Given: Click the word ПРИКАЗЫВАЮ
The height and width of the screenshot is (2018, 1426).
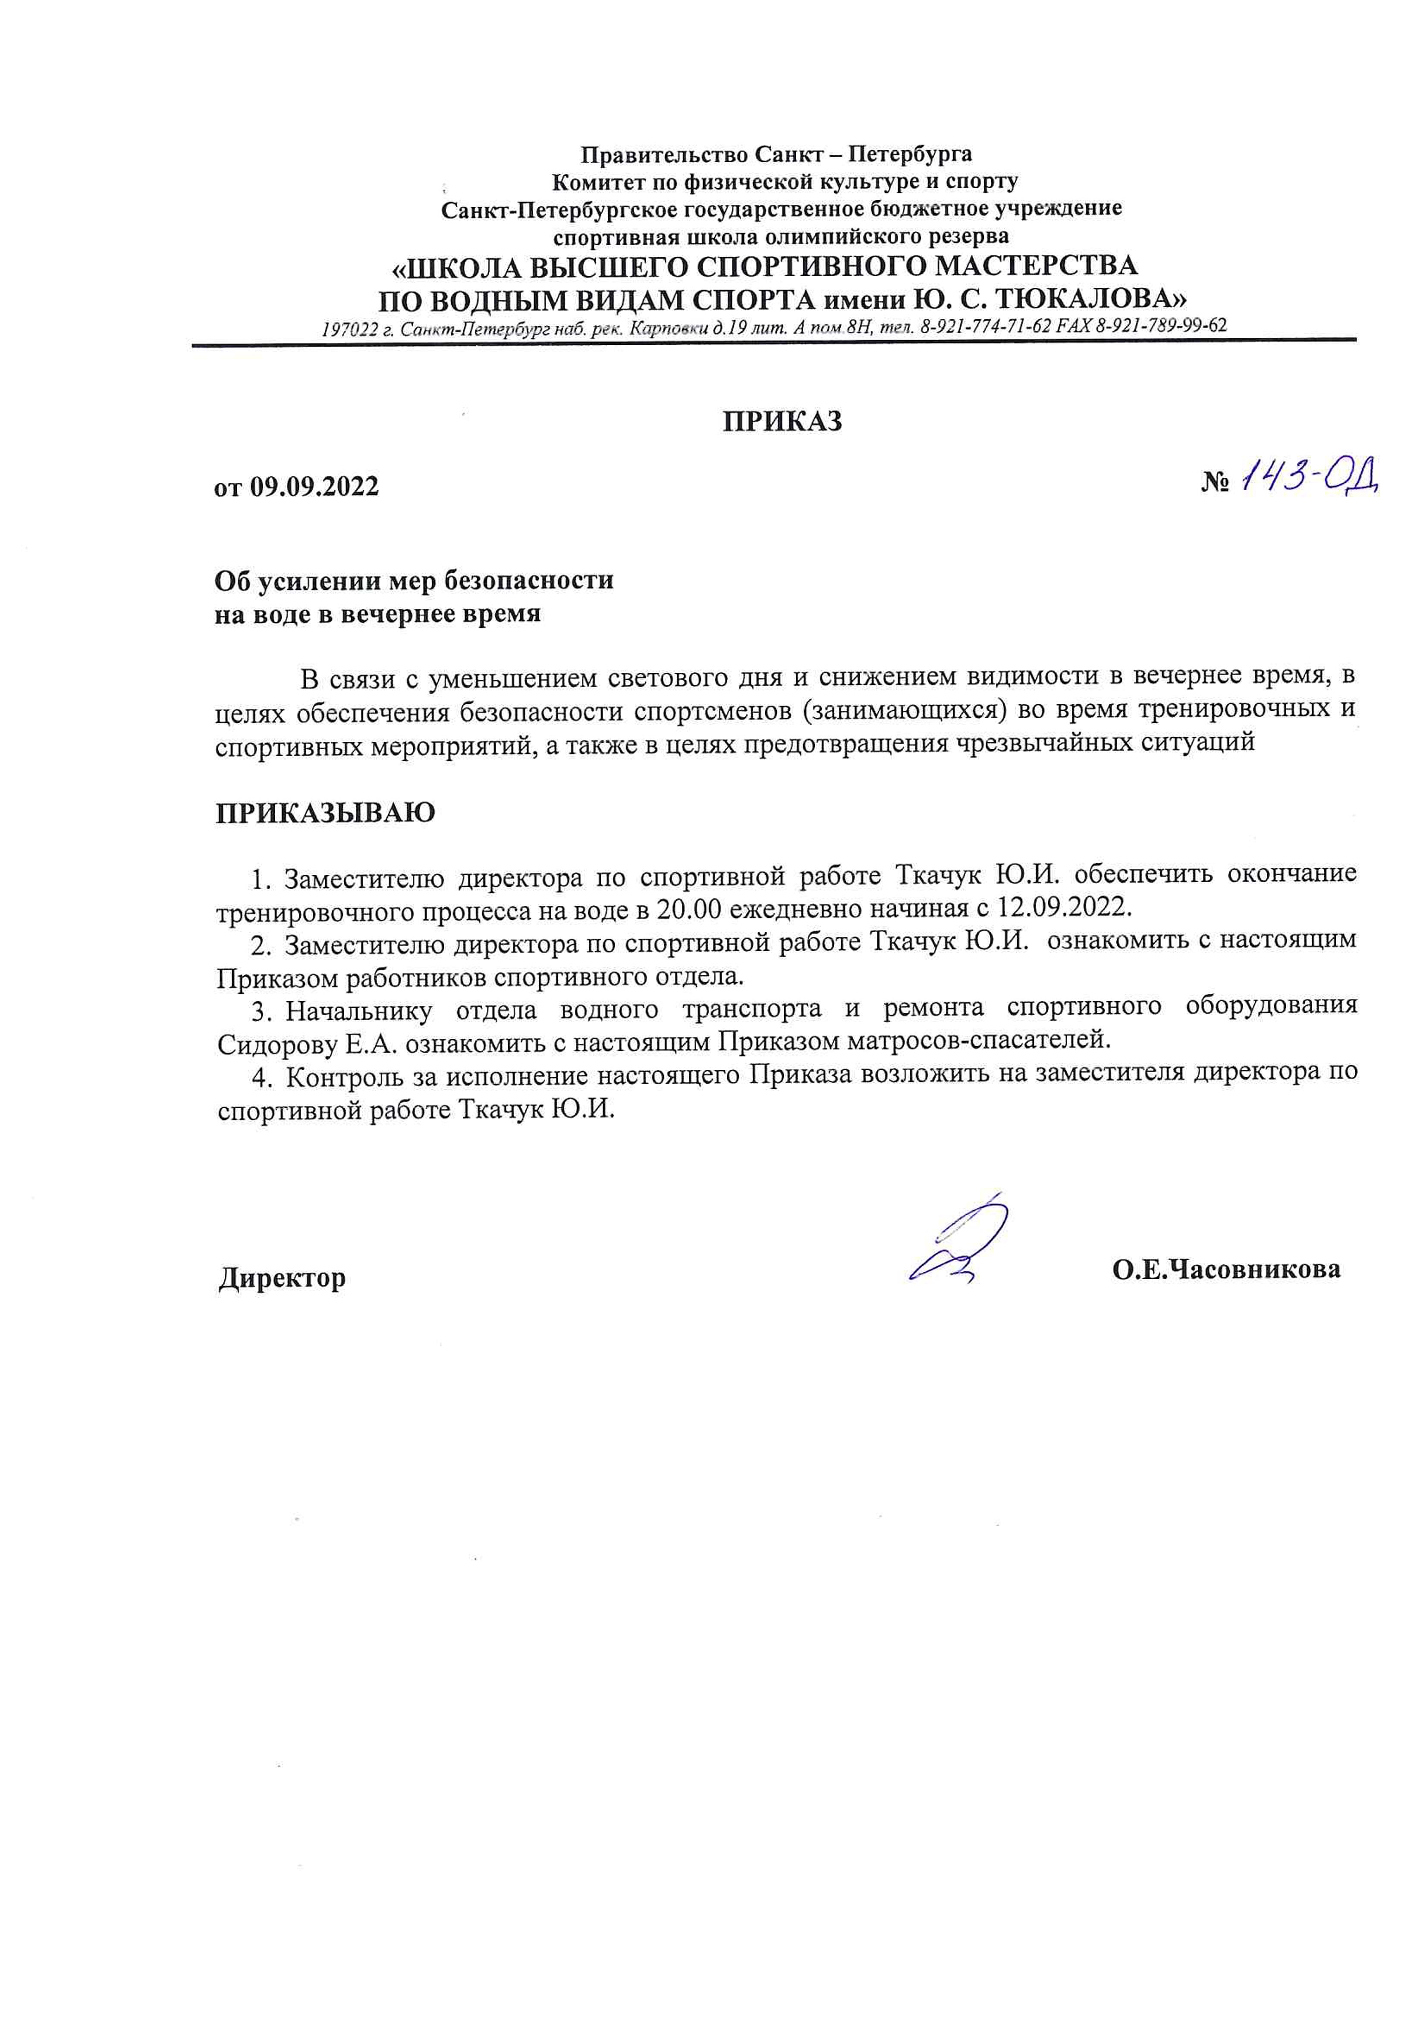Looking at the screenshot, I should pos(325,813).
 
